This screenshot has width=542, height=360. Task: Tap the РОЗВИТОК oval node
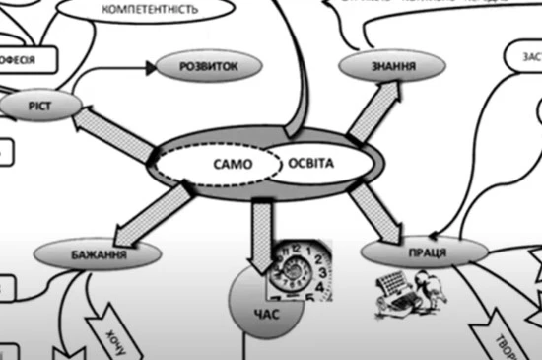click(x=211, y=66)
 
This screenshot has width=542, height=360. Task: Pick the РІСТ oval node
click(x=33, y=104)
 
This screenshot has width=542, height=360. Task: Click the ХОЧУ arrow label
click(x=108, y=332)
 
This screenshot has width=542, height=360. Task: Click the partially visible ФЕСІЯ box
click(x=25, y=58)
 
